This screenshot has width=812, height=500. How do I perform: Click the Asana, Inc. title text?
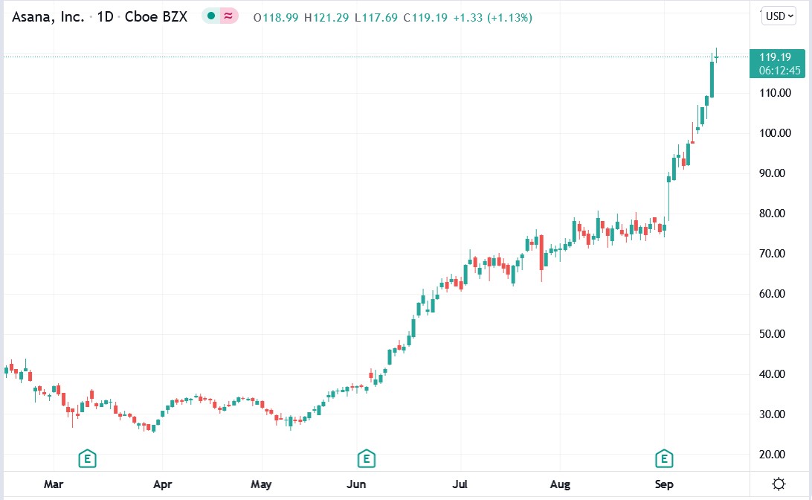48,17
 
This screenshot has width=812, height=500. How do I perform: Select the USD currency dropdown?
779,16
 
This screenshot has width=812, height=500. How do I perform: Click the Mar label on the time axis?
53,484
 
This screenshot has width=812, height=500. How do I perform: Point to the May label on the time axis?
261,484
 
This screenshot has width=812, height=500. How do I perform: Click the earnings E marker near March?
88,458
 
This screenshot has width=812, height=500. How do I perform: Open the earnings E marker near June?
365,458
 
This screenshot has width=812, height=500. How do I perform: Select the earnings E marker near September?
663,458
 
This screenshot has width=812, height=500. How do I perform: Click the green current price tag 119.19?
777,57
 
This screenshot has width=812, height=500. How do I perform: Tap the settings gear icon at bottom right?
779,484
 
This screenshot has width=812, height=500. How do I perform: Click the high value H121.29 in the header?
327,17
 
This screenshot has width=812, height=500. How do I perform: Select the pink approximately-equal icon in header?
228,16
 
